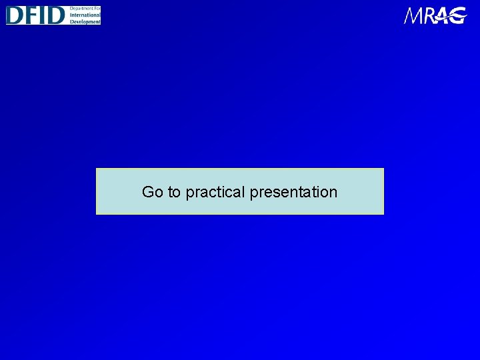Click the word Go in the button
pyautogui.click(x=152, y=192)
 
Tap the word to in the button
pyautogui.click(x=174, y=192)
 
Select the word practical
pyautogui.click(x=215, y=193)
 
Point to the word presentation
pyautogui.click(x=293, y=193)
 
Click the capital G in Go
pyautogui.click(x=148, y=192)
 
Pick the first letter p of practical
pyautogui.click(x=189, y=193)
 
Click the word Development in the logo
pyautogui.click(x=84, y=21)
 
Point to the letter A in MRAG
pyautogui.click(x=443, y=15)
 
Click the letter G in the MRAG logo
pyautogui.click(x=458, y=15)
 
